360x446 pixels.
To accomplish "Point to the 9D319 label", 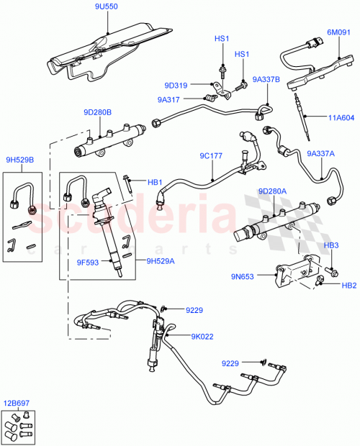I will click(175, 86).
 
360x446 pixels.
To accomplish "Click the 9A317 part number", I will click(169, 99).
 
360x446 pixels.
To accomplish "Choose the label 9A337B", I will click(266, 79).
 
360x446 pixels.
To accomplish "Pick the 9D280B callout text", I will click(97, 112).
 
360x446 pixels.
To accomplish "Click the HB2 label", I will click(348, 286).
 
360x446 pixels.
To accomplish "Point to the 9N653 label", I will click(243, 276).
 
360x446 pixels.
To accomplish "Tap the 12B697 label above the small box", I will click(18, 403).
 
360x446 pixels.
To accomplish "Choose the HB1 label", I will click(155, 182).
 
